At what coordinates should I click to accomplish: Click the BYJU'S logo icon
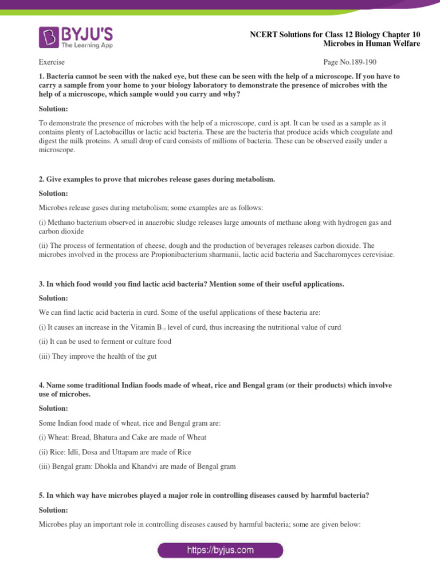[x=49, y=37]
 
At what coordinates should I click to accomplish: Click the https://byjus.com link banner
[x=220, y=551]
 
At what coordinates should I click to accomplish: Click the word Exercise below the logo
[x=52, y=62]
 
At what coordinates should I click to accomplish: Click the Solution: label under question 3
[x=53, y=298]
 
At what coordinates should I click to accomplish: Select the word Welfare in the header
[x=405, y=43]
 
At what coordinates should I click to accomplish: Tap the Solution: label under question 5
[x=53, y=510]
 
